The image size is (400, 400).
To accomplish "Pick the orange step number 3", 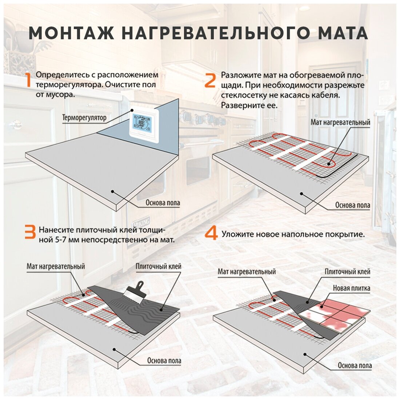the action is (30, 232).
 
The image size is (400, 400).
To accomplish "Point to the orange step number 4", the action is (211, 234).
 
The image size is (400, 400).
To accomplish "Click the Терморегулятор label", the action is (84, 118).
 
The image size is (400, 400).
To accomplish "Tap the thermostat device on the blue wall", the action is (144, 123).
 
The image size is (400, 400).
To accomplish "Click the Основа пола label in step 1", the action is (163, 203).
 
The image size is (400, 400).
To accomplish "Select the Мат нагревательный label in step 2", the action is (340, 122).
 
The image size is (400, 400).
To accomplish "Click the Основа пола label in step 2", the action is (353, 205).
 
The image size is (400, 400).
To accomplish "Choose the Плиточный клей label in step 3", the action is (159, 266).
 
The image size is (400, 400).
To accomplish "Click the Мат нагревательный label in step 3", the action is (56, 266).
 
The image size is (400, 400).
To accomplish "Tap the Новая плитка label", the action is (352, 288).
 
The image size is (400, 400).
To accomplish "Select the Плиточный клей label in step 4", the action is (347, 271).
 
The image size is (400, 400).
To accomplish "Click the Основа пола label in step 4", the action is (355, 365).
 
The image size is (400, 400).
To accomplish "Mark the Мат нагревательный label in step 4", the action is (247, 271).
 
